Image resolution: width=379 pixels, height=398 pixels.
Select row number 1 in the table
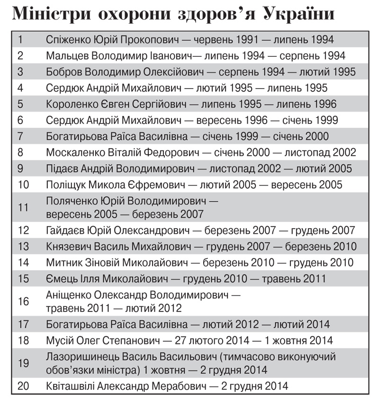click(x=20, y=39)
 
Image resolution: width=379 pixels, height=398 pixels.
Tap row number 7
click(x=20, y=136)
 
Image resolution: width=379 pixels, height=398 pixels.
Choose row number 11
click(x=23, y=207)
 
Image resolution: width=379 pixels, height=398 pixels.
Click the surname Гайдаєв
click(x=65, y=230)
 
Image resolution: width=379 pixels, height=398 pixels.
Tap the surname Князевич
click(x=69, y=247)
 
